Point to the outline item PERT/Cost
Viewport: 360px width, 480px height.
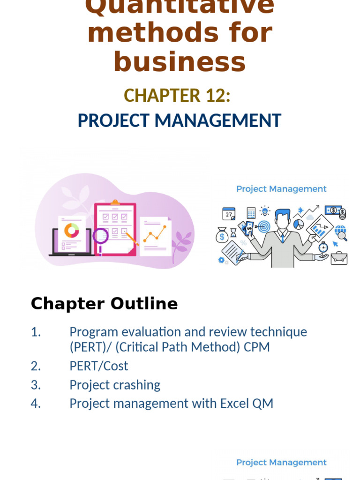(x=98, y=366)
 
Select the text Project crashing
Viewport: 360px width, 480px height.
(x=115, y=385)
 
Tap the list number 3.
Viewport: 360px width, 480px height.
(x=36, y=385)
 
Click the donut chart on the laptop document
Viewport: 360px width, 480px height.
(x=72, y=230)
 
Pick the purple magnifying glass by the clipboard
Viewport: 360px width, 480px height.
(x=100, y=236)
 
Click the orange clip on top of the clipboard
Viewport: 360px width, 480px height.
(x=115, y=202)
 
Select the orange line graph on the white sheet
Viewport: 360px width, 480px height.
(x=155, y=233)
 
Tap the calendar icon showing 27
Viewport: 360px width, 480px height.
(x=229, y=214)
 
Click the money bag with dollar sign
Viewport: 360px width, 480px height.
(x=222, y=235)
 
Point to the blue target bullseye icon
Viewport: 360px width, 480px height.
(x=264, y=227)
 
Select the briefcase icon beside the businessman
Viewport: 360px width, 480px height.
(x=338, y=257)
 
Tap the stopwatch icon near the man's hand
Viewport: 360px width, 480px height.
(x=323, y=247)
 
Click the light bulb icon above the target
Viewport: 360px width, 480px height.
(x=265, y=211)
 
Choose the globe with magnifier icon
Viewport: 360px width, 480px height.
(x=341, y=232)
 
